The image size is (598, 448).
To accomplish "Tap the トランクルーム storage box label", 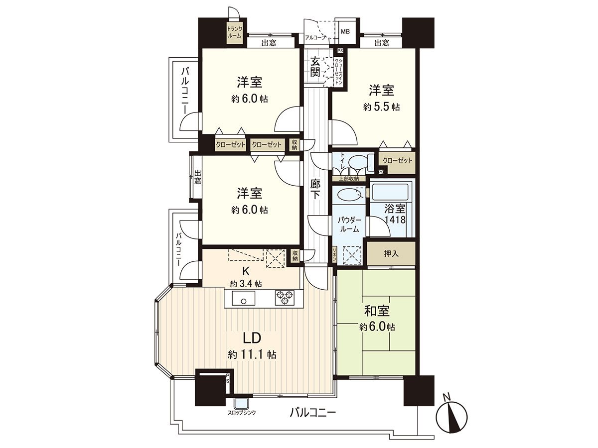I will click(234, 32).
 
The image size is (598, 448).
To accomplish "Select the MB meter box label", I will click(345, 32).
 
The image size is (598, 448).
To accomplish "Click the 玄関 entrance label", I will click(315, 67).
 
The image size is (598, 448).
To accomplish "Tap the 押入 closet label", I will click(391, 254).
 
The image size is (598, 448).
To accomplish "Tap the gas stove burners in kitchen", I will click(284, 298).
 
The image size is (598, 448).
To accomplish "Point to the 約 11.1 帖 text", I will click(252, 355).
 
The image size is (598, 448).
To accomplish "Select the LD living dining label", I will click(252, 338).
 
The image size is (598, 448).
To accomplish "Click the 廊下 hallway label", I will click(315, 189).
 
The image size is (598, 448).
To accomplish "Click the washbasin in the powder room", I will click(348, 194).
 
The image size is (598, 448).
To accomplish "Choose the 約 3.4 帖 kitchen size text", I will click(246, 284).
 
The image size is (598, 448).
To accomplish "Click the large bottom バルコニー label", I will click(312, 413).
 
